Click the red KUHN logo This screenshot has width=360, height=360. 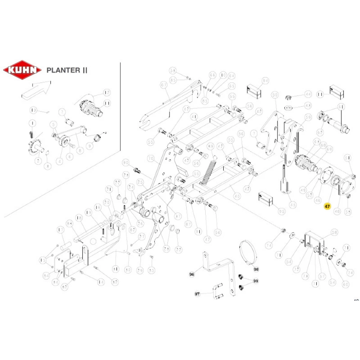[x=22, y=69]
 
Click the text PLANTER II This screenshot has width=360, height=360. [x=67, y=70]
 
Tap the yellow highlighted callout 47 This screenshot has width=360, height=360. [x=327, y=206]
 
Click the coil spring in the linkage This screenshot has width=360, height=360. [x=209, y=170]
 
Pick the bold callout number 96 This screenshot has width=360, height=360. [x=192, y=274]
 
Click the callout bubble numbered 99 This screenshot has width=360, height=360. [x=256, y=281]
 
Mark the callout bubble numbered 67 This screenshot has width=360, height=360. [x=164, y=85]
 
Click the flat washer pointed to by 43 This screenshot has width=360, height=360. [x=288, y=107]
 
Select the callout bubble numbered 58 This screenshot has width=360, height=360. [x=334, y=233]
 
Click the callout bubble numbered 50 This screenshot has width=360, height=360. [x=275, y=95]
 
